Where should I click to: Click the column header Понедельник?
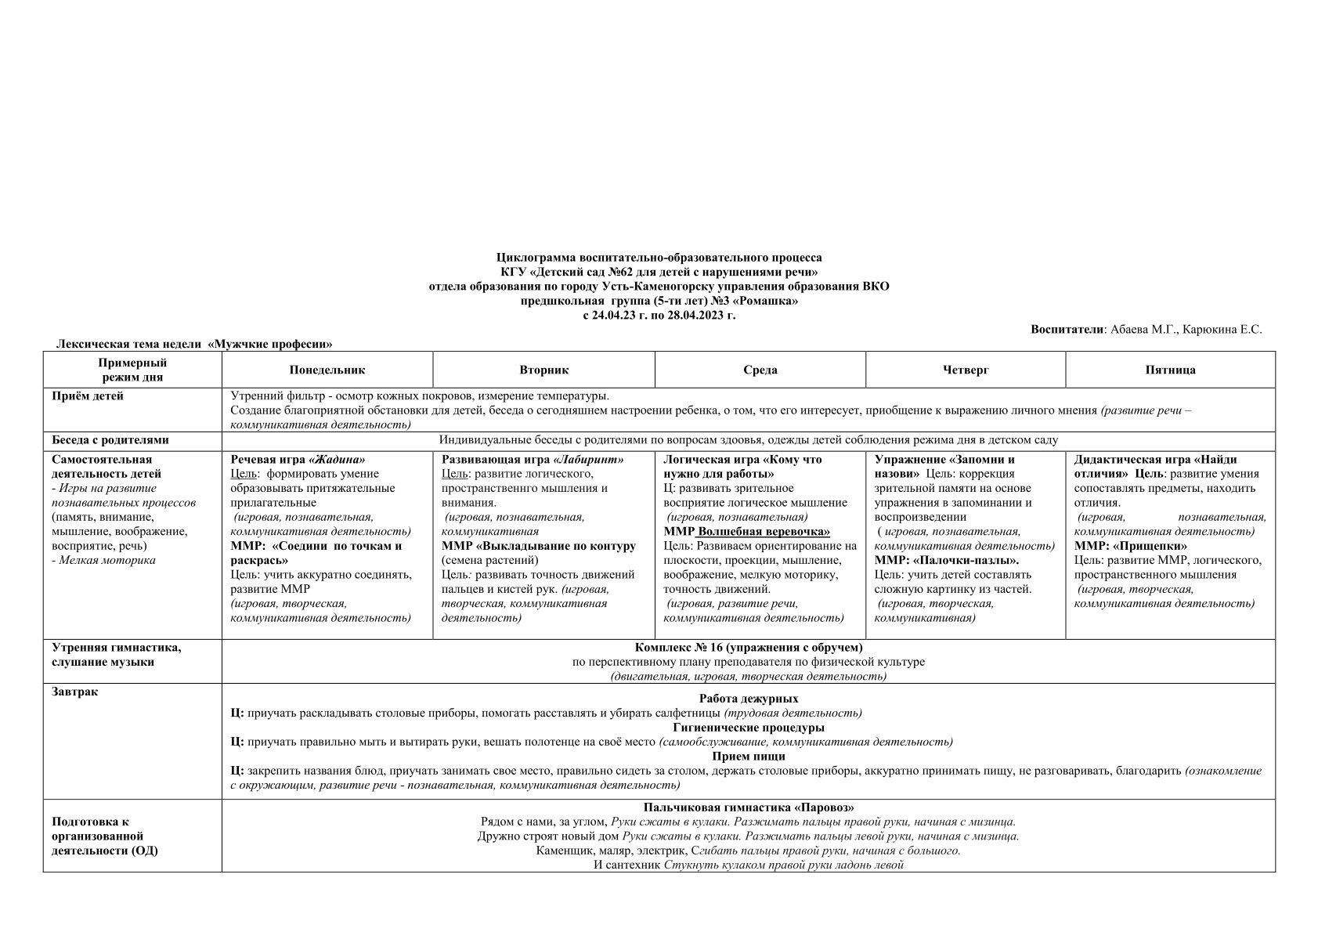(x=327, y=370)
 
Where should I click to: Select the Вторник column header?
(x=543, y=370)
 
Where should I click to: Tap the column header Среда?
(x=760, y=370)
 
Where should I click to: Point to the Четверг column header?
(x=965, y=370)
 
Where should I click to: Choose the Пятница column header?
(x=1170, y=370)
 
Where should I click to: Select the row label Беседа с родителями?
(x=110, y=440)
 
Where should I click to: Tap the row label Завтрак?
(x=75, y=692)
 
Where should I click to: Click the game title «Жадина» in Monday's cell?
(x=338, y=460)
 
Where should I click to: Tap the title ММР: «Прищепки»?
(x=1130, y=546)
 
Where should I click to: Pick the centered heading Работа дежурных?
(x=748, y=699)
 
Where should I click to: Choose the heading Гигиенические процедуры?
(x=748, y=728)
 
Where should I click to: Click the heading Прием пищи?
(x=748, y=757)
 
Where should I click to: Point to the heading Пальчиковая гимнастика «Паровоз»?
(x=748, y=807)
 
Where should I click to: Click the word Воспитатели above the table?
(x=1067, y=330)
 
